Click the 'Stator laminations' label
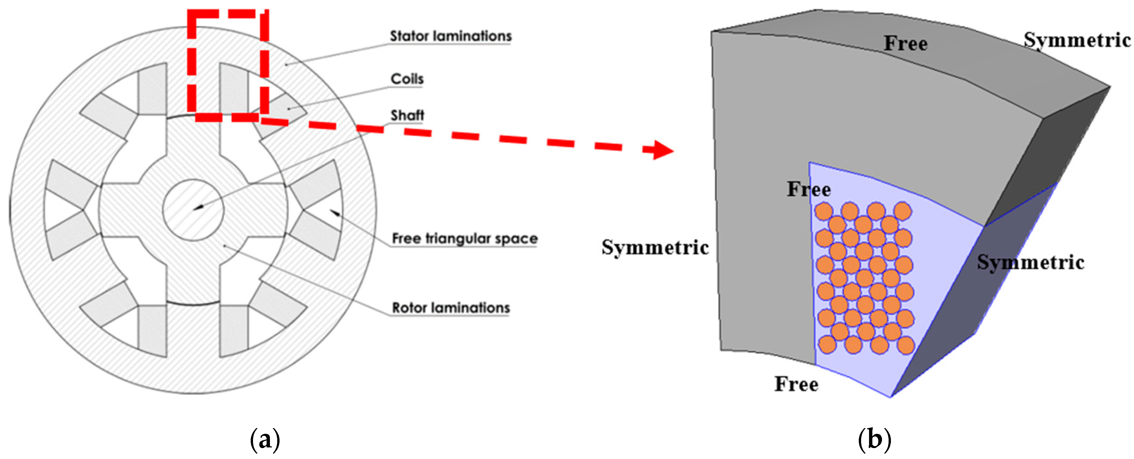tap(450, 36)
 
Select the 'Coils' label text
tap(407, 79)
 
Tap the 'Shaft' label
tap(407, 115)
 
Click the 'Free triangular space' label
tap(464, 238)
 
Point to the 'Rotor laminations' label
tap(450, 308)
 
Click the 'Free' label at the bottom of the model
tap(797, 384)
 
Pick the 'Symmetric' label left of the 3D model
tap(655, 247)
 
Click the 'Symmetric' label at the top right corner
tap(1077, 40)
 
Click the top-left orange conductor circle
tap(823, 211)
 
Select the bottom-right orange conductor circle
tap(906, 345)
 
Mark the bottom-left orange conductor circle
tap(827, 344)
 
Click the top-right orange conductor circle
tap(903, 211)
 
